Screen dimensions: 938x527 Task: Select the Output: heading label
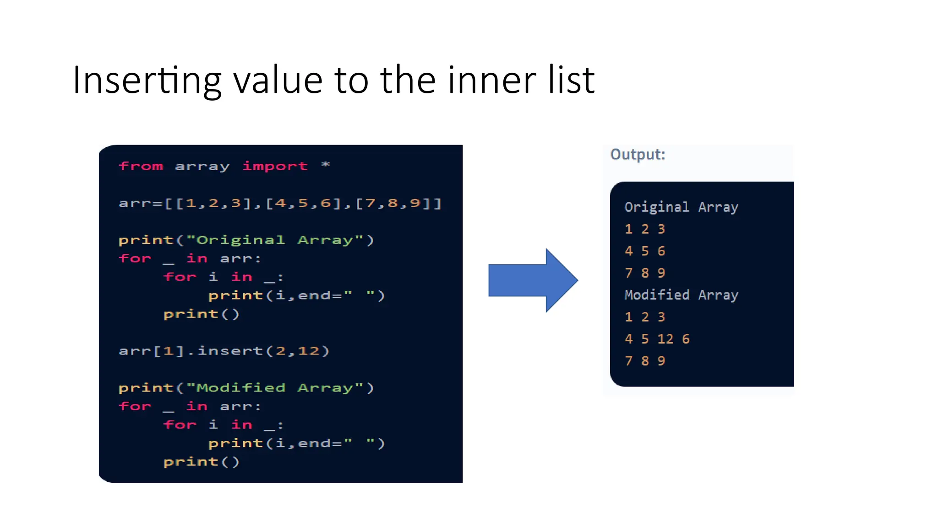tap(638, 155)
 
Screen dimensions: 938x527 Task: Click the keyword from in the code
tap(141, 166)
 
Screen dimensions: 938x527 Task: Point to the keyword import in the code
tap(275, 166)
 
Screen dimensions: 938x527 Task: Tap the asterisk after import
tap(325, 165)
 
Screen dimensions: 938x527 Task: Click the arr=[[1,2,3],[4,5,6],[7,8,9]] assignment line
tap(280, 203)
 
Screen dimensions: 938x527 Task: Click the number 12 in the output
tap(665, 339)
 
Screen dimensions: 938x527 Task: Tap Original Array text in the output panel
tap(681, 207)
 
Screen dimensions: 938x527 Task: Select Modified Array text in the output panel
tap(681, 295)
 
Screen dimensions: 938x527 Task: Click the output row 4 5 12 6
tap(657, 339)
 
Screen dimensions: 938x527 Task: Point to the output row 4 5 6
tap(645, 251)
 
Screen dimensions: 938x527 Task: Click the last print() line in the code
tap(202, 462)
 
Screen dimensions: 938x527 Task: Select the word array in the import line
tap(202, 167)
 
